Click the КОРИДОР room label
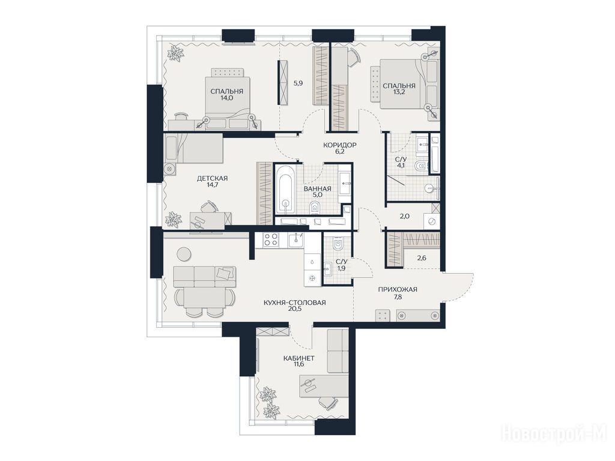click(340, 145)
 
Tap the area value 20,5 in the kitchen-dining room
click(294, 309)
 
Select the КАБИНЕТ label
click(299, 358)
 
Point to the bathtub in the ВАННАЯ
click(285, 190)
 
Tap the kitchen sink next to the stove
click(296, 240)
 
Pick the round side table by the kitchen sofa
click(184, 254)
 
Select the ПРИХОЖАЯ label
click(398, 290)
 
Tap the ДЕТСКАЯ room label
click(212, 178)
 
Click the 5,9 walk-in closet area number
click(298, 83)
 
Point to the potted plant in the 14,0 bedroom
click(175, 53)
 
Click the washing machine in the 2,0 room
click(432, 221)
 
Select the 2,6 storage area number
click(422, 258)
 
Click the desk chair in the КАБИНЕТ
click(328, 402)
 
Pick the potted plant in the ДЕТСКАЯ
click(172, 219)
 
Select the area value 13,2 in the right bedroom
click(399, 92)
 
